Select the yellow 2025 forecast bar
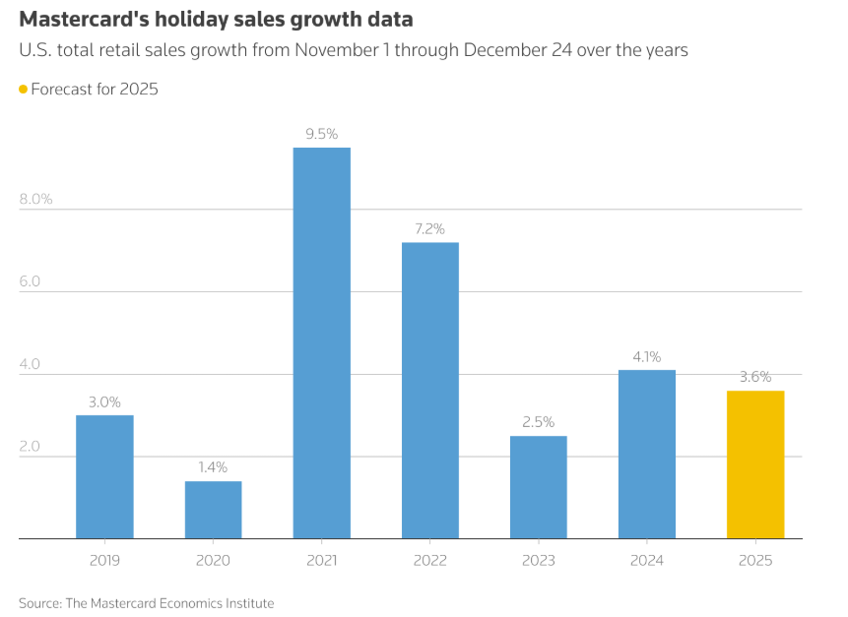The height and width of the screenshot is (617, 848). (x=754, y=464)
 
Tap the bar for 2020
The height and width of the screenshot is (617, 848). (x=213, y=510)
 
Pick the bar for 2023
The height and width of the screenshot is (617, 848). (x=538, y=487)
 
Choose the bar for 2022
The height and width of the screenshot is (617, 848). (x=429, y=390)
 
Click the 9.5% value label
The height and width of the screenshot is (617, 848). (x=321, y=134)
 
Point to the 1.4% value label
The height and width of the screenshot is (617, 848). (x=213, y=467)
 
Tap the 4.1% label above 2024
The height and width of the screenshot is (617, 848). (x=646, y=356)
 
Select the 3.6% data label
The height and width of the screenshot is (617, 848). (x=754, y=377)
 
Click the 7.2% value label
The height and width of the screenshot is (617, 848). (x=429, y=228)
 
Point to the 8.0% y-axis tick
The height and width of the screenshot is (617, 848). (x=35, y=199)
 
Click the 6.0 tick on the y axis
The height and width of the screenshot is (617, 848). (x=30, y=281)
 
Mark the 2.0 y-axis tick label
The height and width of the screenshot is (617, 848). (x=30, y=447)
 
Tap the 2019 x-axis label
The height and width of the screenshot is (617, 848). (x=104, y=560)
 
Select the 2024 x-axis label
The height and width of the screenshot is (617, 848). (x=646, y=560)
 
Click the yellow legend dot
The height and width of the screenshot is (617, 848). (x=24, y=90)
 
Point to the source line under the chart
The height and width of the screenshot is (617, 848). (x=147, y=602)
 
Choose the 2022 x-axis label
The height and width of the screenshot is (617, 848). (x=429, y=560)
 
